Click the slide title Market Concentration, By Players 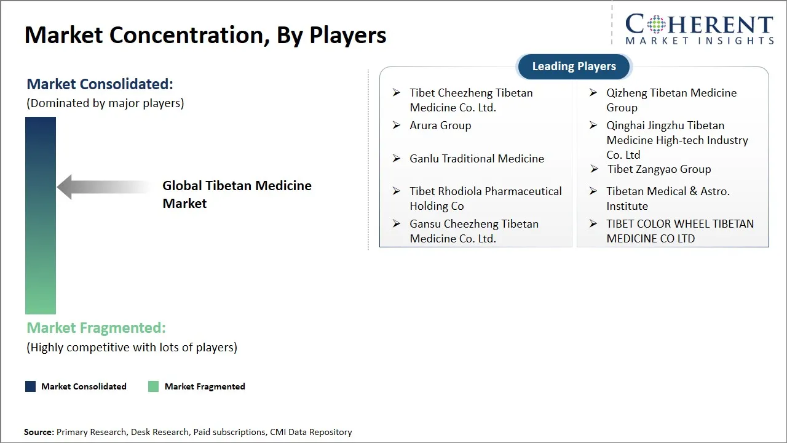tap(205, 35)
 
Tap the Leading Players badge tap(574, 66)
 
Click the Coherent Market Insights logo tap(698, 29)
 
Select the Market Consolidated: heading tap(100, 84)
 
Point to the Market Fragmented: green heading tap(96, 328)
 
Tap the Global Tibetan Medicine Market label tap(237, 194)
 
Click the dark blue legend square tap(30, 386)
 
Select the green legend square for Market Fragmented tap(154, 386)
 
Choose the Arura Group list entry tap(440, 126)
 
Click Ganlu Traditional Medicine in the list tap(477, 159)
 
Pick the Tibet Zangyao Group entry tap(658, 169)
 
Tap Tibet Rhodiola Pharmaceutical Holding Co tap(485, 198)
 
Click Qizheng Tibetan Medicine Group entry tap(671, 100)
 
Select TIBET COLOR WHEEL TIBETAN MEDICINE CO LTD tap(679, 231)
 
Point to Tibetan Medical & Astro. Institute tap(668, 198)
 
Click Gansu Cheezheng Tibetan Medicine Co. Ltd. tap(473, 231)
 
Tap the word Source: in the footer tap(39, 433)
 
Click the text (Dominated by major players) tap(105, 103)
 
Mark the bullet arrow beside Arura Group tap(397, 126)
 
